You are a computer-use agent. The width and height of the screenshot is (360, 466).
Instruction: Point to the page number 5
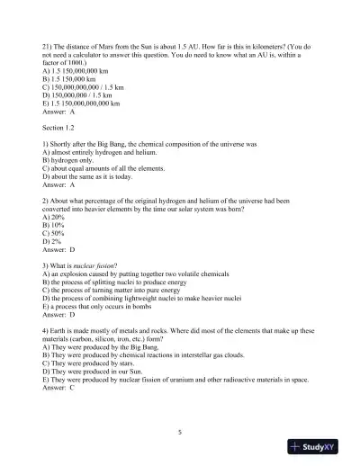[180, 432]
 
